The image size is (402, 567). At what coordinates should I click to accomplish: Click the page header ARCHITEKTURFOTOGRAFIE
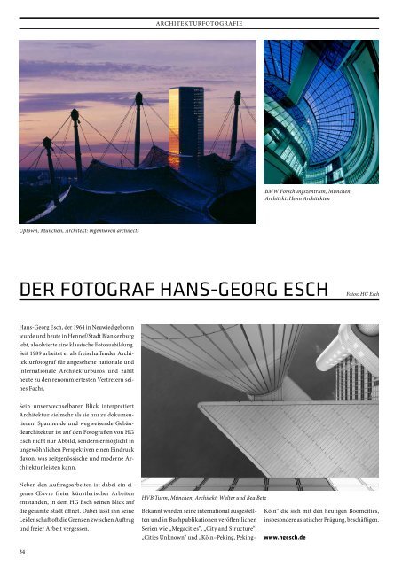(x=200, y=20)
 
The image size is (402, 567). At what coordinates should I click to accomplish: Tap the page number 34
(x=22, y=551)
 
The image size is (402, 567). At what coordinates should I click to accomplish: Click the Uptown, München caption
(x=79, y=230)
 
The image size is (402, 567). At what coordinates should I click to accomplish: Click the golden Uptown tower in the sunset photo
(x=185, y=124)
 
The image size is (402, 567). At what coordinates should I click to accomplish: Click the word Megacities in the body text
(x=193, y=524)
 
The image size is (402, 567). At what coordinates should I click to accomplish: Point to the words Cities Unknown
(x=170, y=537)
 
